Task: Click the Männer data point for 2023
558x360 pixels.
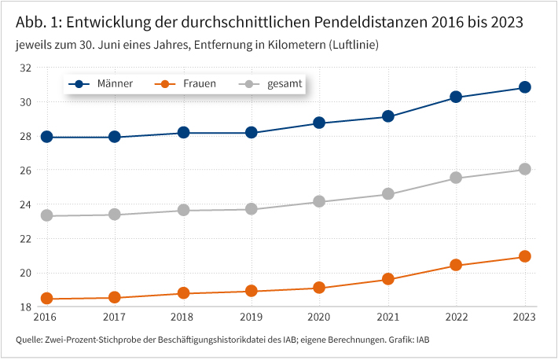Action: (524, 87)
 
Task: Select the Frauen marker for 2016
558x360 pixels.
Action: (46, 299)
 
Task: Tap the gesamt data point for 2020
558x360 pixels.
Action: (319, 201)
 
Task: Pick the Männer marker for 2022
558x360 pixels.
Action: (456, 97)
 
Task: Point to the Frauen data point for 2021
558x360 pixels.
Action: (387, 279)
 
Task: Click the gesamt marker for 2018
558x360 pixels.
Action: (183, 210)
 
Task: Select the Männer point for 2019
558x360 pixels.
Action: (251, 133)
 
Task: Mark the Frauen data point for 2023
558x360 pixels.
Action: (524, 256)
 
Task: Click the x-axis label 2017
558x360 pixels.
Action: (115, 317)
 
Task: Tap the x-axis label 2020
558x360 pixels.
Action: (319, 317)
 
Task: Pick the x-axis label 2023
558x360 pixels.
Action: (524, 317)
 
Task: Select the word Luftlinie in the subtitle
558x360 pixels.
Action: (350, 46)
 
